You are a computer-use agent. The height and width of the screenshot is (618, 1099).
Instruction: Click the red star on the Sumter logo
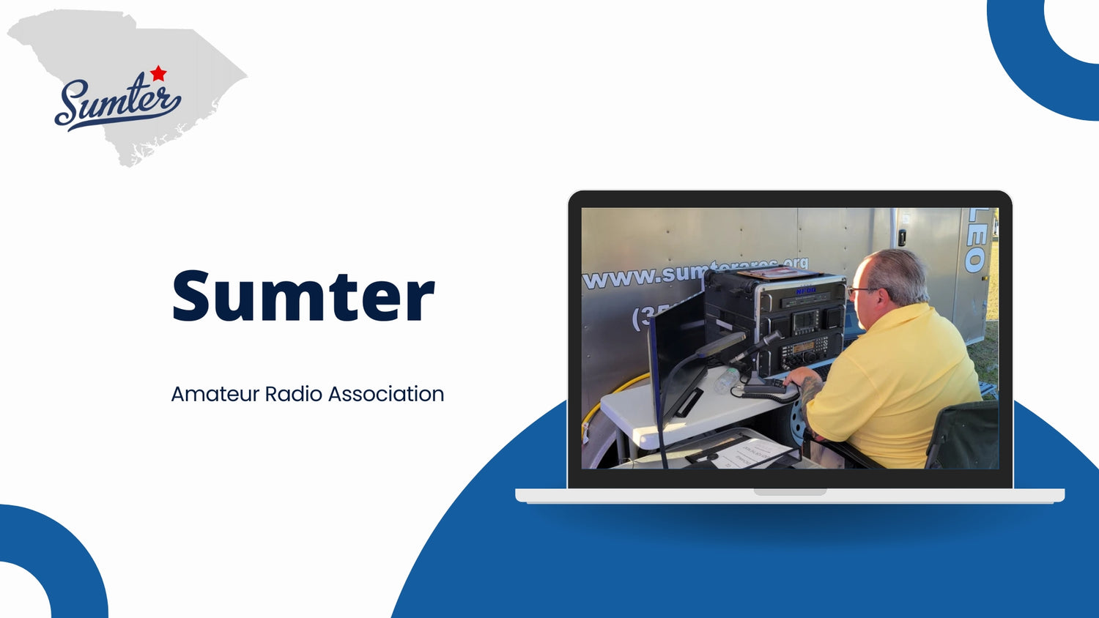(158, 73)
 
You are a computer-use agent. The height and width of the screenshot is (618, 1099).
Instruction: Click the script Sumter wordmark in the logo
(117, 103)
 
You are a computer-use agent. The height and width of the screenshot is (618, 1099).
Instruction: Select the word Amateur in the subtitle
(215, 394)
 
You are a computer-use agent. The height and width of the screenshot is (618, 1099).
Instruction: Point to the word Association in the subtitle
(385, 394)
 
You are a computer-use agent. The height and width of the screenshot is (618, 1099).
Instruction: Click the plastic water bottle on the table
(727, 381)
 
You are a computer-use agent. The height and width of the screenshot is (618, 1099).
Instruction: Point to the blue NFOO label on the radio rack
(806, 291)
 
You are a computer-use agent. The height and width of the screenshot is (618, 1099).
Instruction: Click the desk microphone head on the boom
(769, 339)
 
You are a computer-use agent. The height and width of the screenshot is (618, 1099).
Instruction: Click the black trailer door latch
(902, 237)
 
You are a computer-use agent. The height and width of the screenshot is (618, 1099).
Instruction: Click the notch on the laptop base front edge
(790, 492)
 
